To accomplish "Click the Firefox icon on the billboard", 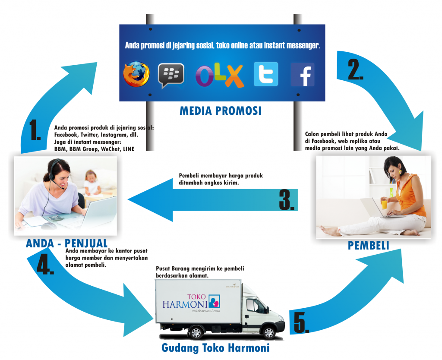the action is coord(136,75).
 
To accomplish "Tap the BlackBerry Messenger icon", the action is coord(171,75).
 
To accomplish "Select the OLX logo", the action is coord(219,76).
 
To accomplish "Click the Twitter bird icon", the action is coord(266,74).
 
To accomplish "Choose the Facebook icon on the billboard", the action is coord(302,75).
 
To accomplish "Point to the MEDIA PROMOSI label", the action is coord(220,111).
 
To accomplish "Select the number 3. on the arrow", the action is coord(287,199).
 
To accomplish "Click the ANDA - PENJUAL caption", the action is coord(66,243).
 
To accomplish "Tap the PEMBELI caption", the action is coord(368,246).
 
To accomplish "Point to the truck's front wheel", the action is coord(268,332).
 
